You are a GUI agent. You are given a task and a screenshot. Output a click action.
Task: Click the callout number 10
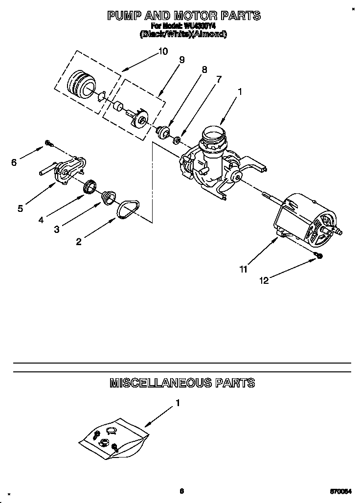coord(163,51)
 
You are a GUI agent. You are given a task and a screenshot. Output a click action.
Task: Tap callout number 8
coord(204,69)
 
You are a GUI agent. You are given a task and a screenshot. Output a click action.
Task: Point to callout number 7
coord(219,79)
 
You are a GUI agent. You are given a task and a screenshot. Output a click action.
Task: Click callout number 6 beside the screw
coord(14,163)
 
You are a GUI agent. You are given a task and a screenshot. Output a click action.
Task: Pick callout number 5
coord(20,208)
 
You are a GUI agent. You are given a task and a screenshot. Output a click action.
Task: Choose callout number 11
coord(243,268)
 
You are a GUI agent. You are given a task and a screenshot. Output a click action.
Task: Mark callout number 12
coord(264,280)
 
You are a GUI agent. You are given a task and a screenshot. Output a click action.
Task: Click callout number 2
coord(78,241)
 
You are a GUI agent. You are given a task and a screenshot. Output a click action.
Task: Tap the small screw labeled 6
coord(48,143)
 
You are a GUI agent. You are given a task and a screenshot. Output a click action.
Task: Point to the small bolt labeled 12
coord(318,255)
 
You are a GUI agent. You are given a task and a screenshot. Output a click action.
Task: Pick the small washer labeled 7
coord(177,140)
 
